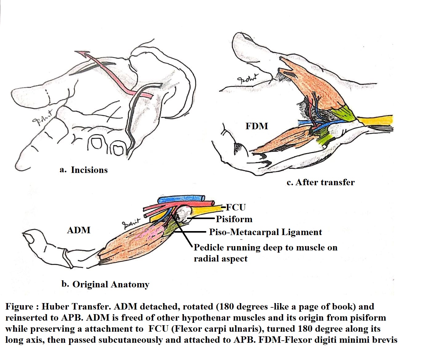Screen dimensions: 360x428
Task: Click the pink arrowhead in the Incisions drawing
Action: pos(83,55)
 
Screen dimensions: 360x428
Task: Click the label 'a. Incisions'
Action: pos(83,170)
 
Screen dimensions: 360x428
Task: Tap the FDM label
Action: pos(256,126)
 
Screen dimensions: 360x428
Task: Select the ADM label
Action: pos(79,230)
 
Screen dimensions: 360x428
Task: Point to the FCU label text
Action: pos(236,207)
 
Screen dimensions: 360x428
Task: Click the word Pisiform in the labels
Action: pos(234,219)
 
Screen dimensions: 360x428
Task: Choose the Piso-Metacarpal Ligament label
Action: pos(265,232)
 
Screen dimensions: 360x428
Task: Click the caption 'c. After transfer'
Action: pos(320,182)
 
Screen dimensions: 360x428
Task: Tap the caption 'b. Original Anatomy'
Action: pos(105,284)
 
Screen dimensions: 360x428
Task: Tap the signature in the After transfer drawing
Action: pos(248,79)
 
